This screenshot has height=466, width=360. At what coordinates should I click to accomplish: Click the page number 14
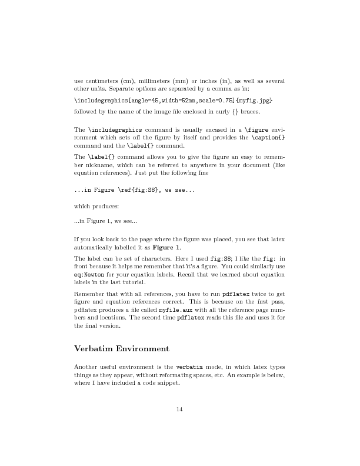pyautogui.click(x=180, y=410)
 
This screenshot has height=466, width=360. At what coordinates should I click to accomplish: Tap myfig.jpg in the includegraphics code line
pyautogui.click(x=255, y=101)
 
